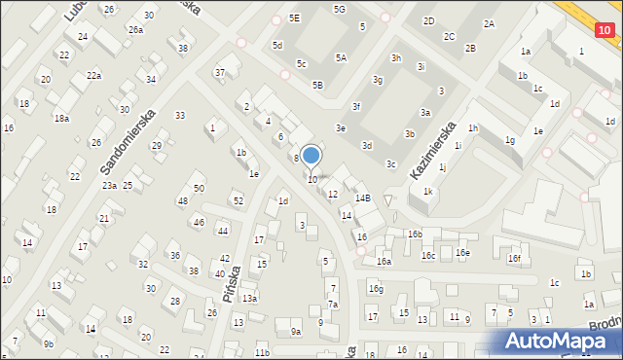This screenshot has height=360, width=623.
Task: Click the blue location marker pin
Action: [x=311, y=156]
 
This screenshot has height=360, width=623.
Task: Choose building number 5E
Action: [x=295, y=18]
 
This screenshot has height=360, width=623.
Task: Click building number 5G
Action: [x=339, y=9]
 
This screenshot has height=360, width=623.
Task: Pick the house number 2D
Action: [x=428, y=20]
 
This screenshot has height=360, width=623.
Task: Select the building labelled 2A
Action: [x=489, y=23]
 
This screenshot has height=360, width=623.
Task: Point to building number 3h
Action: [x=396, y=57]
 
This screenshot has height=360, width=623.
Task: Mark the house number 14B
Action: [x=362, y=198]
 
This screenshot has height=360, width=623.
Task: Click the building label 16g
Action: [x=376, y=288]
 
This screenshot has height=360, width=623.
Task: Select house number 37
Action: [x=220, y=72]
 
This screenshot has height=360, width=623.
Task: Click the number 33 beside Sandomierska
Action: [x=180, y=115]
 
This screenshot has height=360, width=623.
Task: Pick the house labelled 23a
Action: [x=110, y=185]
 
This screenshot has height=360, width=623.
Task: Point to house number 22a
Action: [x=93, y=75]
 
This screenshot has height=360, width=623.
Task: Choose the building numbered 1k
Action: [x=427, y=192]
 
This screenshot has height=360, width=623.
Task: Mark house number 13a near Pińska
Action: [x=249, y=298]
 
